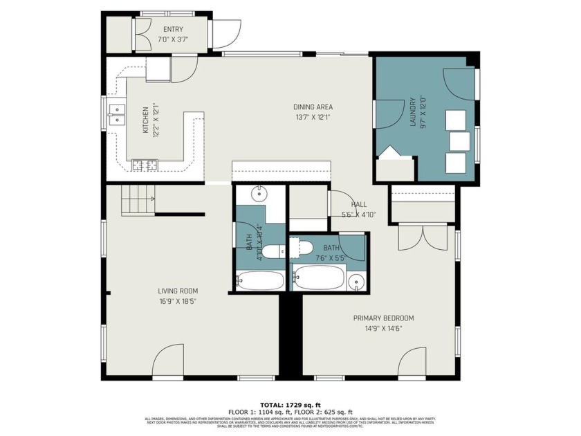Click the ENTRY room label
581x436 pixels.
(x=173, y=29)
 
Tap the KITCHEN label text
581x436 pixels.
(x=145, y=120)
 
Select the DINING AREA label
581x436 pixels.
(x=313, y=107)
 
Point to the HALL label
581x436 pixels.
(x=359, y=205)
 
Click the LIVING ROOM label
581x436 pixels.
(x=178, y=291)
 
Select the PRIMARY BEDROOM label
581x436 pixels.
(x=383, y=318)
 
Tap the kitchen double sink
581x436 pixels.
(x=116, y=115)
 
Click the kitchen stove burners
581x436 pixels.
(x=145, y=165)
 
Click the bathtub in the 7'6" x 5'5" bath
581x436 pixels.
(x=318, y=278)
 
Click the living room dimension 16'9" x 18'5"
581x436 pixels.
(x=178, y=301)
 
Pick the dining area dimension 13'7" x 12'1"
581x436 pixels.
(x=313, y=117)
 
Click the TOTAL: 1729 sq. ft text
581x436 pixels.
(x=290, y=405)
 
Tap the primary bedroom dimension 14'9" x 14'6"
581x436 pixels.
(x=383, y=329)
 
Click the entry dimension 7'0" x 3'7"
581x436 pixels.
(x=173, y=39)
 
